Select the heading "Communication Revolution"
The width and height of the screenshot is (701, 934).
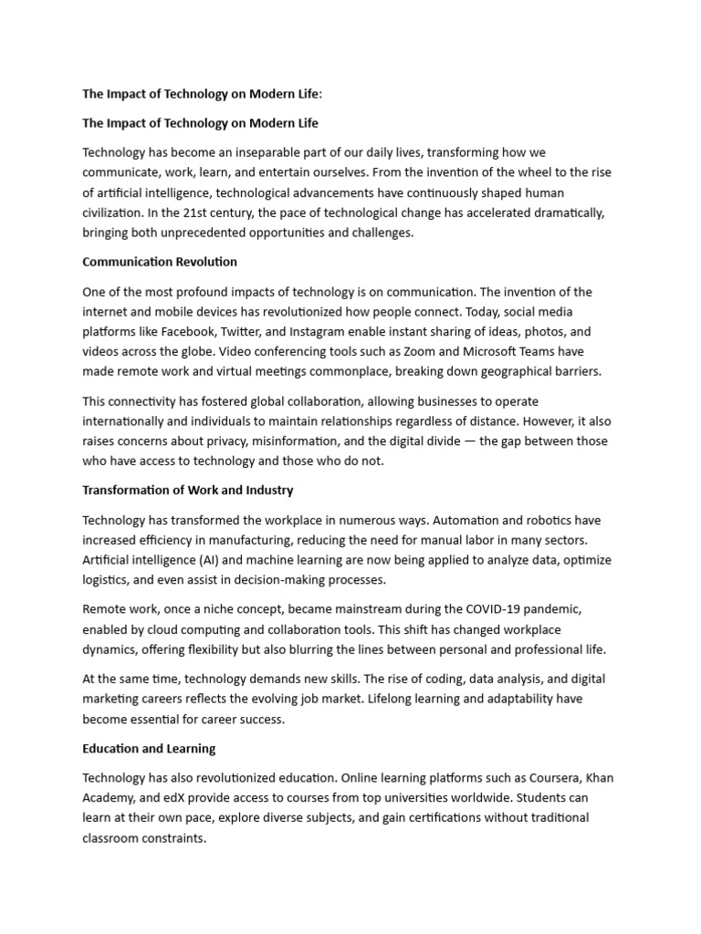tap(160, 262)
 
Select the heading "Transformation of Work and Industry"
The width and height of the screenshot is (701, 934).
tap(188, 490)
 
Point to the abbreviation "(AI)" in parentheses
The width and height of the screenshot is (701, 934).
tap(226, 559)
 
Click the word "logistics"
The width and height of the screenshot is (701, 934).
tap(110, 579)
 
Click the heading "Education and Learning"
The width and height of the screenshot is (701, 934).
tap(149, 748)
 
